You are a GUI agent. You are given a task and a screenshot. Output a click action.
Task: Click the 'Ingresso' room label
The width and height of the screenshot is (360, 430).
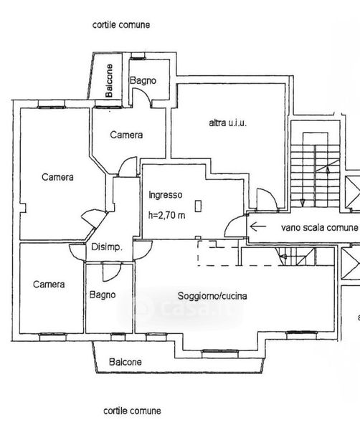(x=166, y=195)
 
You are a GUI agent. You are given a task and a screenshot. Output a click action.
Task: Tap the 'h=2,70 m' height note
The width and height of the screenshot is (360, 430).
(x=166, y=215)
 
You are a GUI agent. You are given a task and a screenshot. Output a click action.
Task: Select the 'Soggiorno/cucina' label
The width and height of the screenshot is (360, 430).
(x=212, y=296)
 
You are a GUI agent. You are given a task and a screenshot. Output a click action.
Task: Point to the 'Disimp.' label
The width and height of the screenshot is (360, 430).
(x=106, y=247)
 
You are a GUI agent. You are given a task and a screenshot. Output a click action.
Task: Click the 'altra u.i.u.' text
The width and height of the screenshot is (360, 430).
(x=228, y=123)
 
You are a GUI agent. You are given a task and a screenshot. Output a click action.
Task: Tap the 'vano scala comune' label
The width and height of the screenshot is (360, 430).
(x=320, y=227)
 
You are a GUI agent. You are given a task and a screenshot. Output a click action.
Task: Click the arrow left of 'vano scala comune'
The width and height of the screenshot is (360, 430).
(x=258, y=226)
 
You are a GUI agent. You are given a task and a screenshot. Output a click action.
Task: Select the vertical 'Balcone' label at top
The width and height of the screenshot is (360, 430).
(x=109, y=80)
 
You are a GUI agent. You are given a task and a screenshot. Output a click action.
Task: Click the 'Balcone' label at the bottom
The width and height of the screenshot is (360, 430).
(x=125, y=362)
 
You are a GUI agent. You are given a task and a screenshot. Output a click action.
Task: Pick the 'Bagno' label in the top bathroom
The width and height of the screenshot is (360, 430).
(x=143, y=80)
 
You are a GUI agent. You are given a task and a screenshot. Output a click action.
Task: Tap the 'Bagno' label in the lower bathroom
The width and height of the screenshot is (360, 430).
(x=103, y=295)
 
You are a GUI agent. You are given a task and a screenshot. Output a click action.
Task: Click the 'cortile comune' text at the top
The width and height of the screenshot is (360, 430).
(x=121, y=25)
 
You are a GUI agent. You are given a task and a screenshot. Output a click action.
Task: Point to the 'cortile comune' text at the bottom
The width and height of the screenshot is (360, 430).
(x=132, y=411)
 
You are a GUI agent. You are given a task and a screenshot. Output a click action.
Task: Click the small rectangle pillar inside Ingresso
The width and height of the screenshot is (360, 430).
(x=198, y=206)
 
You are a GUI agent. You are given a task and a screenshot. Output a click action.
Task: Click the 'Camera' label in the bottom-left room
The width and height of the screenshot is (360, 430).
(x=49, y=285)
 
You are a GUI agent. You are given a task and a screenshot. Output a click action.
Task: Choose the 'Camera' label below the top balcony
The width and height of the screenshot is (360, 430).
(x=126, y=135)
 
